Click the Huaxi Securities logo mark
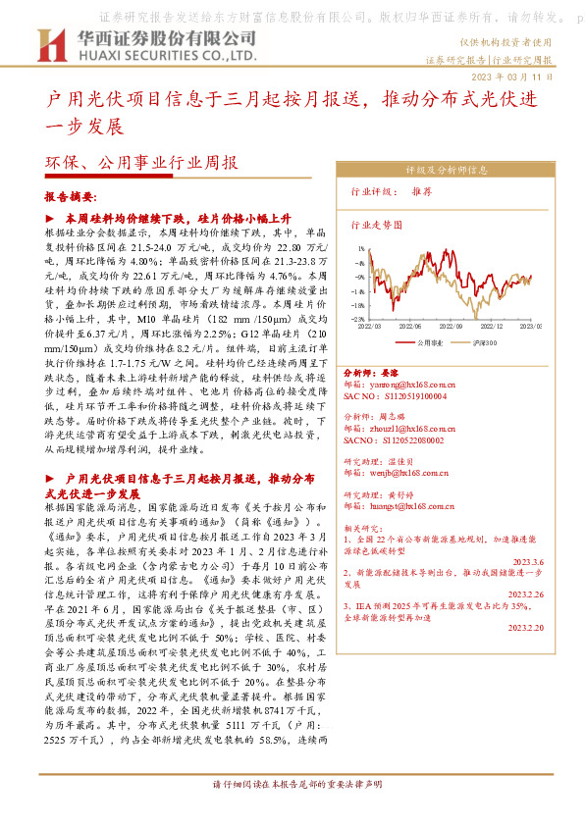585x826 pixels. coord(51,44)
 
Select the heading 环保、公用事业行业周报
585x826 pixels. coord(142,164)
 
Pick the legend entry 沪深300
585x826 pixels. coord(486,342)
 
